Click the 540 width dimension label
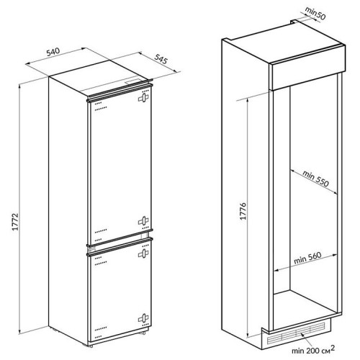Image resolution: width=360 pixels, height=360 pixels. tap(53, 52)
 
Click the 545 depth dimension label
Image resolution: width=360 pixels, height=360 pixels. tap(161, 59)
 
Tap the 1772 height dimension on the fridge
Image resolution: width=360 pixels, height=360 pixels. tap(15, 222)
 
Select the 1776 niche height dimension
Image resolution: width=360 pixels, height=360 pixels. tap(243, 211)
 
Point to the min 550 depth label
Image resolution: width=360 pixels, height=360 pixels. tap(315, 179)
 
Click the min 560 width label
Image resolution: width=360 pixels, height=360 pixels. tap(307, 258)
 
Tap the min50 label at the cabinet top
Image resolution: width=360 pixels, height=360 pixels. tap(315, 13)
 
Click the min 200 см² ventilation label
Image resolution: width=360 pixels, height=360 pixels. tap(313, 350)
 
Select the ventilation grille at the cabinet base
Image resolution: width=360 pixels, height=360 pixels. tap(296, 333)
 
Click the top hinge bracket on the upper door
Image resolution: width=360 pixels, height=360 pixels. tap(143, 98)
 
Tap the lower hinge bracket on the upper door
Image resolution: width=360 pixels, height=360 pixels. tap(143, 221)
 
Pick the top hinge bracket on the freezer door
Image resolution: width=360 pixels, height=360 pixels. tap(143, 253)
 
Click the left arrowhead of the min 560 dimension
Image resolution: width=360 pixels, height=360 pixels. tap(276, 270)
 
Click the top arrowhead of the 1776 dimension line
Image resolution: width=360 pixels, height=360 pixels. tap(248, 100)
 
